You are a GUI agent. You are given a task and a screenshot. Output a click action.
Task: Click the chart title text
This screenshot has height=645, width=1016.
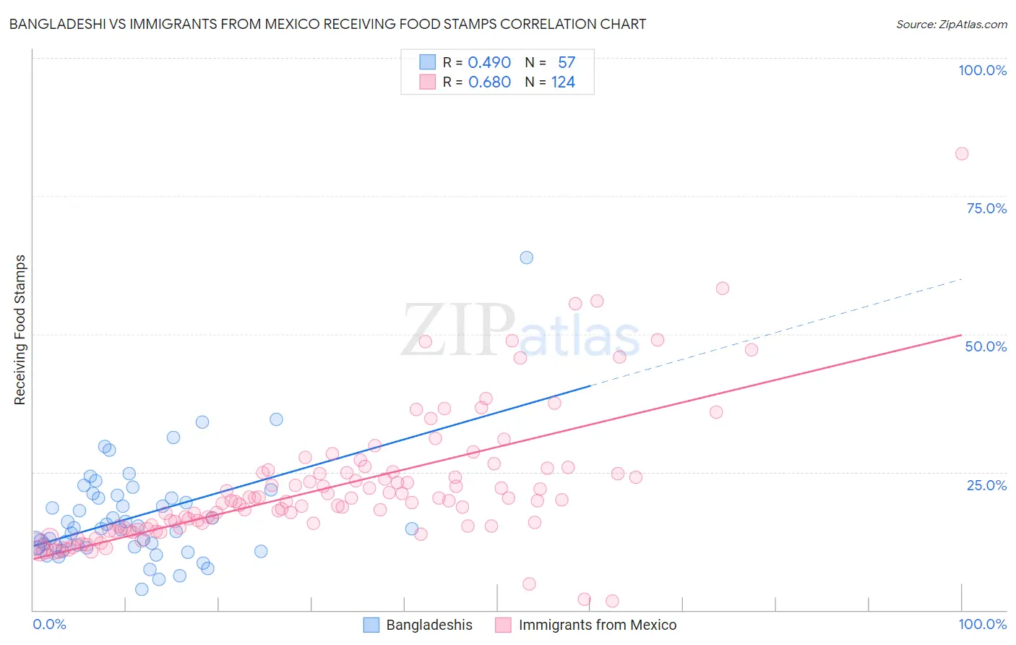[x=327, y=24]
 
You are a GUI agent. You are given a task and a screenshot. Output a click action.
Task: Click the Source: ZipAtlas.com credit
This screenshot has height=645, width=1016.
[x=951, y=24]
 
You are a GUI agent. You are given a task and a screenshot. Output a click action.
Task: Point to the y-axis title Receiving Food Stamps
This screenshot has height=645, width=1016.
[x=20, y=330]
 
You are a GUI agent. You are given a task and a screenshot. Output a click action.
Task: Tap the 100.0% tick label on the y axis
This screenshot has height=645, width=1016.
[x=982, y=70]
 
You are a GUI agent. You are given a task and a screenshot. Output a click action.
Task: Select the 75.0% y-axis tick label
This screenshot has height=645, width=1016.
[x=986, y=208]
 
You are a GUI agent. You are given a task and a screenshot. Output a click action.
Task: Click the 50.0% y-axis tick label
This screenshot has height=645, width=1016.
[x=986, y=346]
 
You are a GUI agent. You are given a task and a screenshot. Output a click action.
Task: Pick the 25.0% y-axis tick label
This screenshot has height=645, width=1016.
[x=986, y=484]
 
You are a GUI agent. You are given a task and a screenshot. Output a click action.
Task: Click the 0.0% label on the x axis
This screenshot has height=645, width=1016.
[x=49, y=624]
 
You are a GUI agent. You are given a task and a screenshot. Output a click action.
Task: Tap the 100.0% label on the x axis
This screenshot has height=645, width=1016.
[x=982, y=624]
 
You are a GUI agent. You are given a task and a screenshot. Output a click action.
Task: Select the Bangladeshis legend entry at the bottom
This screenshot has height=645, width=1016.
[x=418, y=625]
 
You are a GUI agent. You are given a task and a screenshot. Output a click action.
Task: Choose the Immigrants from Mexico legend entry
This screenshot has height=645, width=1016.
[x=586, y=625]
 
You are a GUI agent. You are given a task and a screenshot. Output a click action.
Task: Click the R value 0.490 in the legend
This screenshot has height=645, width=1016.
[x=489, y=63]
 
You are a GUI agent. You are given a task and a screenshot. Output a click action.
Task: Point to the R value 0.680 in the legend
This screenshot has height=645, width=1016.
[x=489, y=82]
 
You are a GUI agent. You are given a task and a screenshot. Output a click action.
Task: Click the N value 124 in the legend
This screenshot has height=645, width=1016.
[x=563, y=82]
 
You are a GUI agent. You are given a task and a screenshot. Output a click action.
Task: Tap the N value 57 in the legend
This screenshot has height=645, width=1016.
[x=567, y=63]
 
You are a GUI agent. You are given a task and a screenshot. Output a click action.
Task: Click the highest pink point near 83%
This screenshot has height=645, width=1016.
[x=961, y=153]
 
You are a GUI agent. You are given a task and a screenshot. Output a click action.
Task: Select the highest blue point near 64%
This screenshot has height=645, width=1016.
[x=527, y=257]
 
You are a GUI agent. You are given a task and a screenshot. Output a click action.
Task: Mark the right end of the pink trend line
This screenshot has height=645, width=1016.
[x=961, y=335]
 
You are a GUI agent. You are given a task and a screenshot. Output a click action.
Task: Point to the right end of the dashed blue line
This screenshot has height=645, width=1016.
[x=961, y=279]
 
